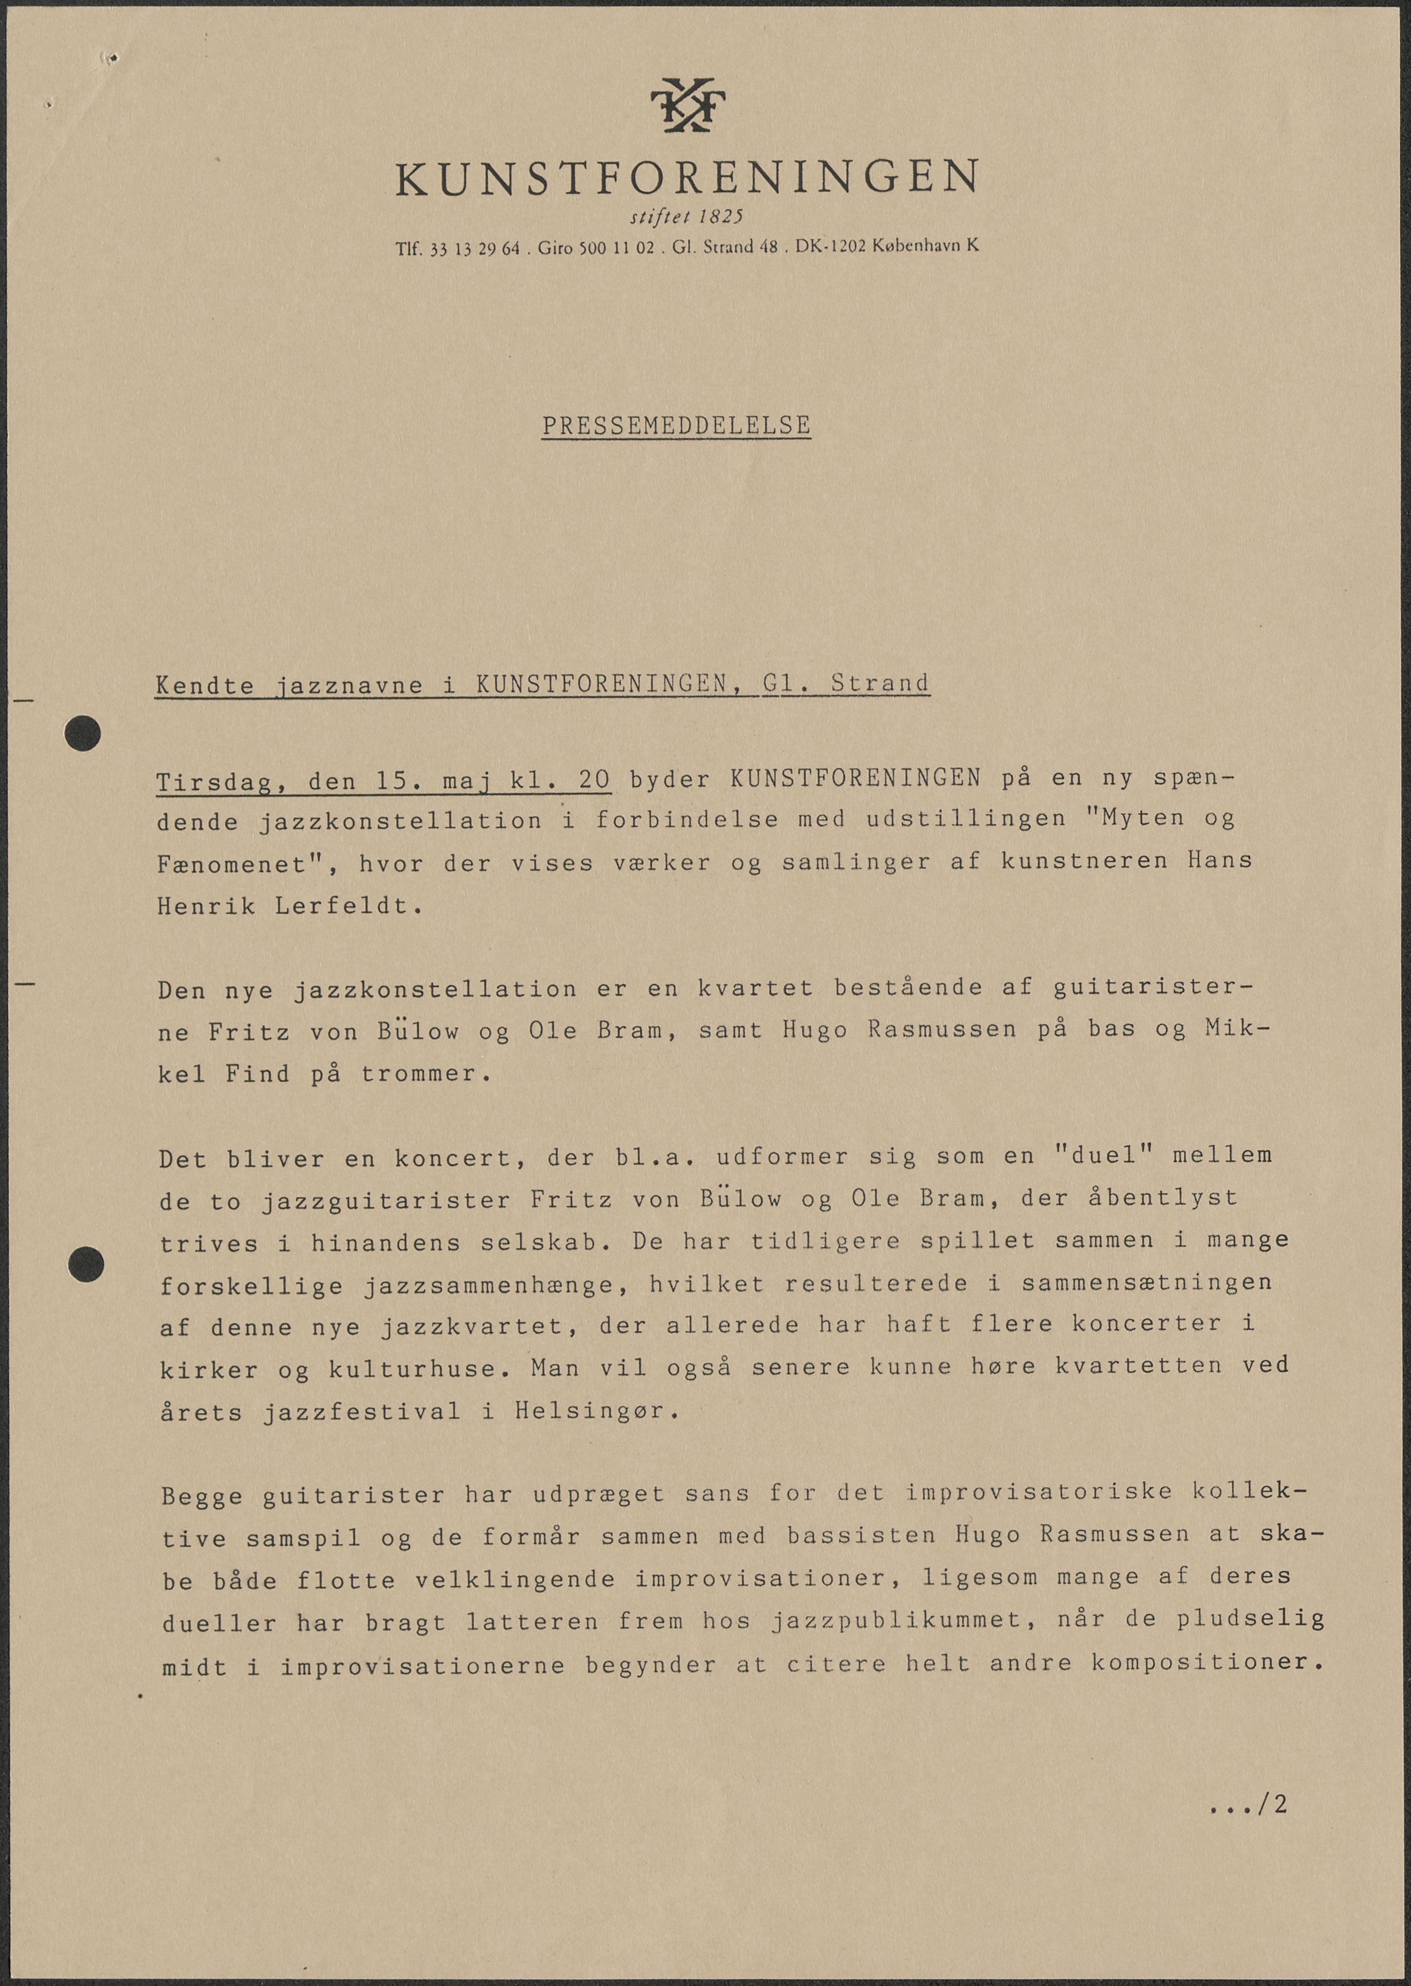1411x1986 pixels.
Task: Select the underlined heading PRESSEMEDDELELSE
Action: click(x=676, y=426)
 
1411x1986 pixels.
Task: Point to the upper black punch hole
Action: click(x=82, y=733)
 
